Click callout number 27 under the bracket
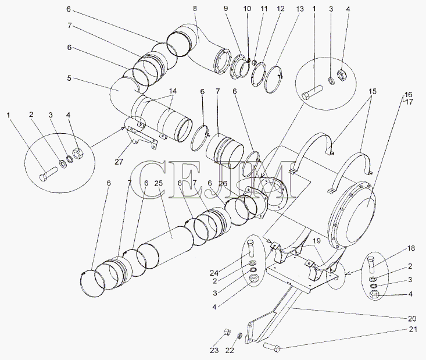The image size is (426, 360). point(119,162)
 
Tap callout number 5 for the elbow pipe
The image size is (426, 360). point(69,79)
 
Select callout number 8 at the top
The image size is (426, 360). point(195,8)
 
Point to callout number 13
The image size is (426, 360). point(300,9)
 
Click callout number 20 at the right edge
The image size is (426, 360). point(411,319)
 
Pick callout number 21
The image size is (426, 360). point(413,330)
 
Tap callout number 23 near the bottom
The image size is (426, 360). point(214,351)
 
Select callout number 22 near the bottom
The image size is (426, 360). point(230,351)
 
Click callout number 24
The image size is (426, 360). point(214,272)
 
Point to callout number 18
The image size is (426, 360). point(411,248)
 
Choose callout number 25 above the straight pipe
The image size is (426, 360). point(159,183)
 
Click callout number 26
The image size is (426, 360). point(223,184)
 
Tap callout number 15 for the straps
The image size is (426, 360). point(373,92)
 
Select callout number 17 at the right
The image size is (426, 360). point(409,102)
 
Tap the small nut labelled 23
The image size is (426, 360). point(227,332)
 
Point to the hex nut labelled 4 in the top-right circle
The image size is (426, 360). point(341,74)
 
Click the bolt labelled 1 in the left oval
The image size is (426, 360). point(48,173)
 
